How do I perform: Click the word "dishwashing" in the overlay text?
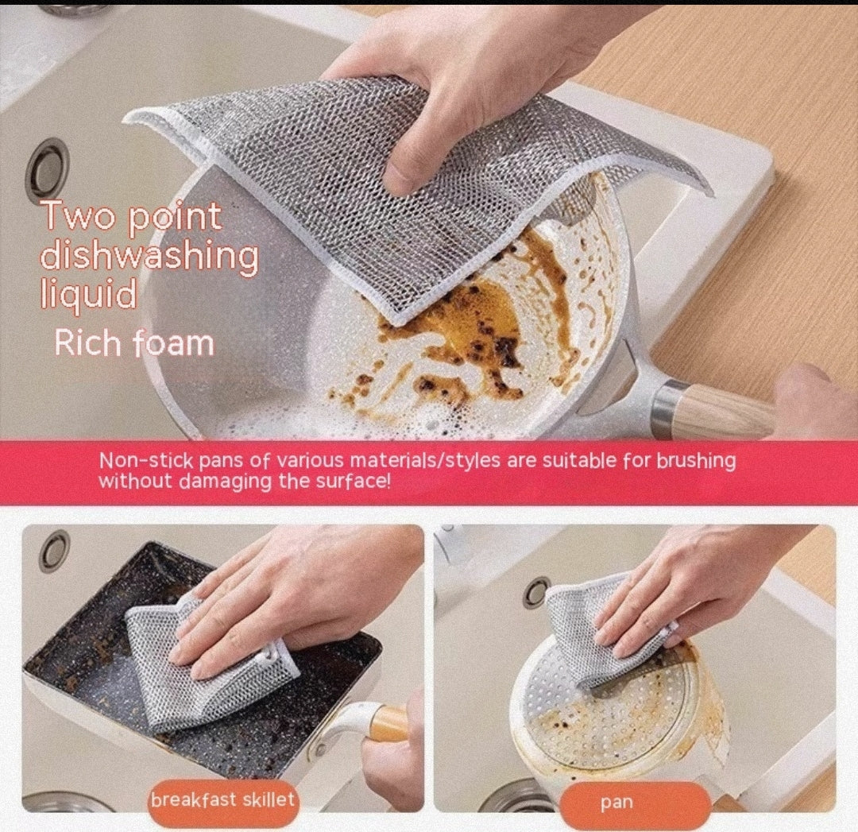pos(149,257)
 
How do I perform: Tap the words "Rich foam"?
pos(133,343)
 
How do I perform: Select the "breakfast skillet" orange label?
pos(223,799)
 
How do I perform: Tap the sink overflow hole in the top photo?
pos(46,169)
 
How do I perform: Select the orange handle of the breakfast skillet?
pos(389,724)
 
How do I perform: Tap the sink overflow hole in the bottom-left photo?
pos(54,550)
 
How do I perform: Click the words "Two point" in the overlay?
pos(131,216)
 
